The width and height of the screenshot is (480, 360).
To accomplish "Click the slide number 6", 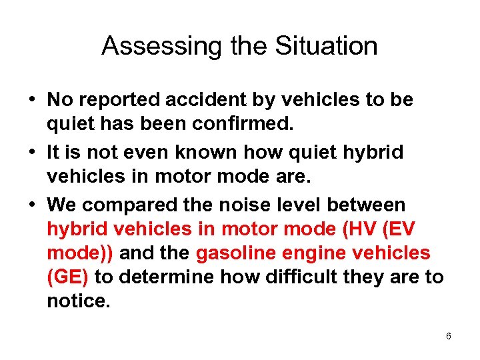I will [x=448, y=337].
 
